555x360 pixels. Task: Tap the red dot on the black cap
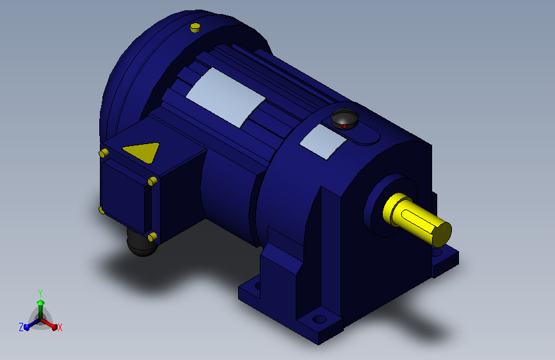click(x=344, y=126)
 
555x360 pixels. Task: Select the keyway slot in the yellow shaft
click(x=417, y=221)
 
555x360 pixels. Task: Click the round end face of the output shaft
click(x=442, y=234)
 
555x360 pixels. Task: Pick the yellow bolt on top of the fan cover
click(x=195, y=28)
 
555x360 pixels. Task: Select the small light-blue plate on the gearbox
click(x=323, y=142)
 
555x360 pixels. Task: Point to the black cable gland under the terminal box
click(x=141, y=245)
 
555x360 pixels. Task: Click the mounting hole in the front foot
click(x=319, y=319)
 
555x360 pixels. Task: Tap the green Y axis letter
click(x=40, y=293)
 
